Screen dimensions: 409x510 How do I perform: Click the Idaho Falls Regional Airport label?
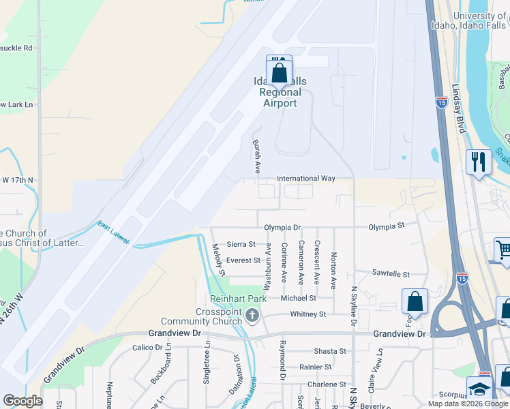pos(280,93)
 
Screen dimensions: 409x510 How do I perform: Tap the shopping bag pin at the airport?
pos(280,72)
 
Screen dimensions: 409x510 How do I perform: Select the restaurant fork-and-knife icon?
pos(479,162)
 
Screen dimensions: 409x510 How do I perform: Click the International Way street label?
pos(306,179)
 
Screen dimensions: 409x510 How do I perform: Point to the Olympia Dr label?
pos(282,227)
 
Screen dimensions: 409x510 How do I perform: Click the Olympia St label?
pos(387,226)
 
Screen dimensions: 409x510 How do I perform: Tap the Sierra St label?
pos(241,244)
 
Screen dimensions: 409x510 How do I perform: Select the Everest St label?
pos(243,260)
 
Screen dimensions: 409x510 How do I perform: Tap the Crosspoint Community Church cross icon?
pos(252,314)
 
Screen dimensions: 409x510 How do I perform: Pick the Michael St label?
pos(299,298)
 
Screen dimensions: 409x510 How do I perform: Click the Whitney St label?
pos(308,314)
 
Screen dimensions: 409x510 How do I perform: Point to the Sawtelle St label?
pos(391,274)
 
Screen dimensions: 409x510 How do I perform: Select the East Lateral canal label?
pos(114,232)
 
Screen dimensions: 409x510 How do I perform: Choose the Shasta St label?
pos(330,351)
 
